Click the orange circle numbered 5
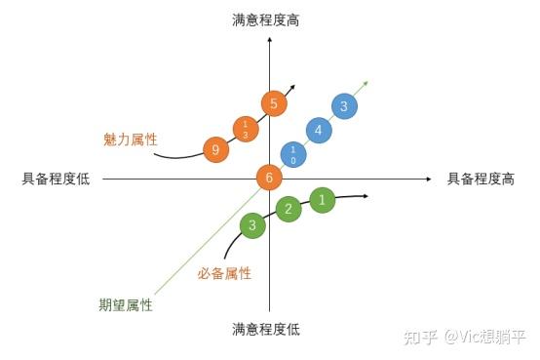(274, 103)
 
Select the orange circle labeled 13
(246, 129)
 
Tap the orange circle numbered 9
(215, 150)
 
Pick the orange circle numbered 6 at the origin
(270, 178)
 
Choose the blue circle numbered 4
(318, 129)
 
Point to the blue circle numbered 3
(344, 106)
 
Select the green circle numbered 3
(252, 226)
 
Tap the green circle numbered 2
(288, 209)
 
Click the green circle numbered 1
(324, 200)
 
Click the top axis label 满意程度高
(265, 20)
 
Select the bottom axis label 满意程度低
(265, 330)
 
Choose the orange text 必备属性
(224, 274)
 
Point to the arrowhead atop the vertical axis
(270, 40)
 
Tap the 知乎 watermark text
(421, 337)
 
